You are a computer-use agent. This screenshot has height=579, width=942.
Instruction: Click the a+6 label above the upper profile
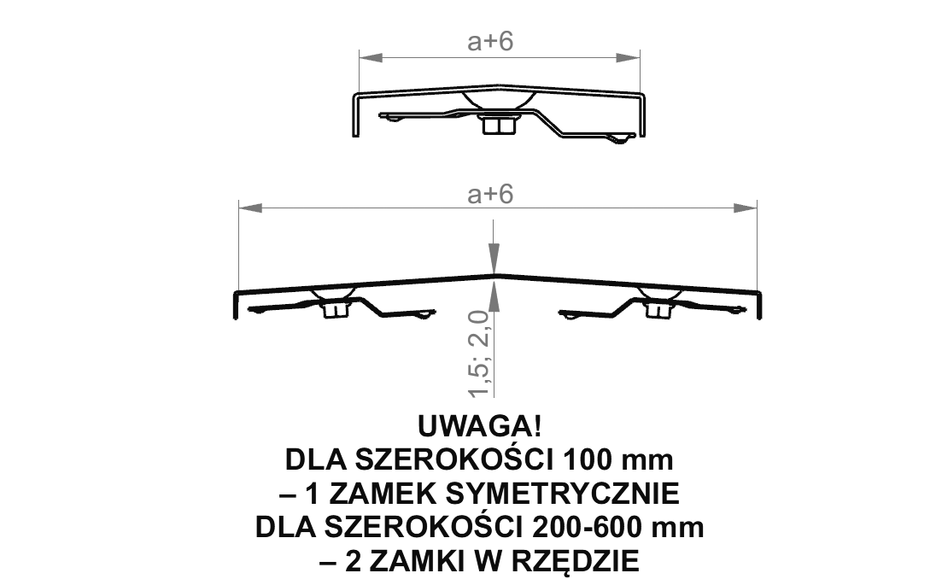[x=490, y=42]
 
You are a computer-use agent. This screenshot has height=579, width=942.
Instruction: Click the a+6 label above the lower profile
[x=490, y=195]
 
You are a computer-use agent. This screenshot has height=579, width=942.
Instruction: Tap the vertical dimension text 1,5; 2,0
[x=481, y=354]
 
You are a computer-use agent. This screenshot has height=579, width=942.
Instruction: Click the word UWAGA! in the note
[x=479, y=426]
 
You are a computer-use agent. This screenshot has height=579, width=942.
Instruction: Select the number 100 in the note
[x=587, y=460]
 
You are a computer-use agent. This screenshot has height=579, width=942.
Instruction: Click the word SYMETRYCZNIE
[x=565, y=494]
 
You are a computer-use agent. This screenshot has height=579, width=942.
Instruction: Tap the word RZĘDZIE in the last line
[x=576, y=562]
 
